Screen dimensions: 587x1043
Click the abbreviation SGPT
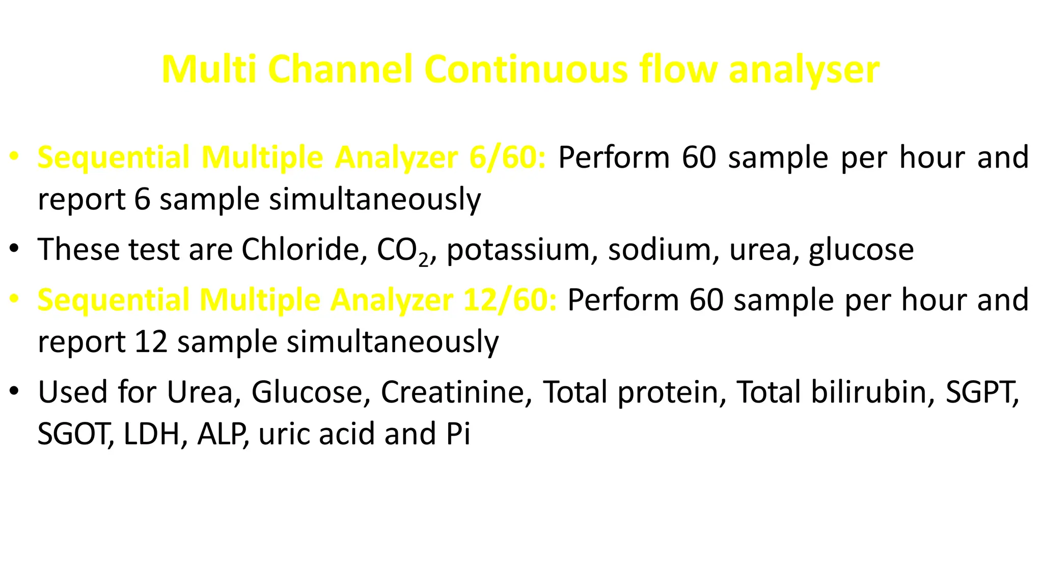click(981, 392)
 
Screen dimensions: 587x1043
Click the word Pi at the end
click(458, 434)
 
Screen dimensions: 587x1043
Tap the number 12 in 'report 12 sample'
click(151, 341)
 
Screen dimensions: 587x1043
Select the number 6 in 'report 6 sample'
click(143, 199)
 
